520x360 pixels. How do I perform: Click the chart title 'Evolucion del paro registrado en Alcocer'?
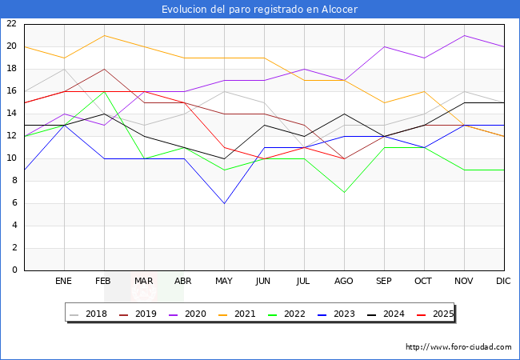click(x=259, y=9)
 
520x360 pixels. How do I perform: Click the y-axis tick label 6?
click(x=14, y=203)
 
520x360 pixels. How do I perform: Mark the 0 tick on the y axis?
click(x=14, y=270)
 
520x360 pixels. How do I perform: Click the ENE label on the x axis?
click(x=64, y=282)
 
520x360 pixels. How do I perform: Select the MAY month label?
click(x=224, y=282)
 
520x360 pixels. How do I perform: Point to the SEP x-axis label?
click(x=384, y=282)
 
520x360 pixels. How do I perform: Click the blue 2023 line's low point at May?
click(x=224, y=203)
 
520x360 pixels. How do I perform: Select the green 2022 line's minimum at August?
click(x=344, y=192)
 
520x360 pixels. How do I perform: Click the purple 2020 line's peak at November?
click(x=464, y=35)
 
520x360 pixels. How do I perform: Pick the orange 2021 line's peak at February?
click(x=104, y=35)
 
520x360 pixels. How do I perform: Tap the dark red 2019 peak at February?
click(x=104, y=69)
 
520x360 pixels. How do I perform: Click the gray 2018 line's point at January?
click(x=64, y=69)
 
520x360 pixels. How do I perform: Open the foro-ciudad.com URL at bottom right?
click(x=458, y=347)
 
